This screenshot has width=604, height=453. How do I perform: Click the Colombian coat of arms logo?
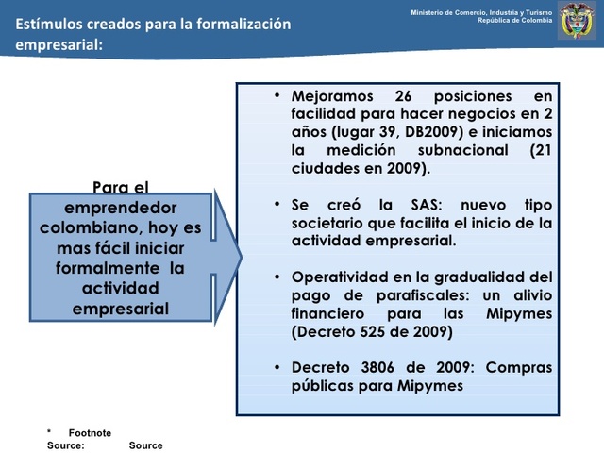coord(577,21)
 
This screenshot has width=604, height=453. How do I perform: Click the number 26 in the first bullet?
coord(399,96)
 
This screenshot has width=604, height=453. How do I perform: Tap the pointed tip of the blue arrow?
coord(241,256)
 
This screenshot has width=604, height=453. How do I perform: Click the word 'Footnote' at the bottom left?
coord(90,432)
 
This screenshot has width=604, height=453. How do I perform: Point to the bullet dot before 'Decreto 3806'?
coord(277,367)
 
